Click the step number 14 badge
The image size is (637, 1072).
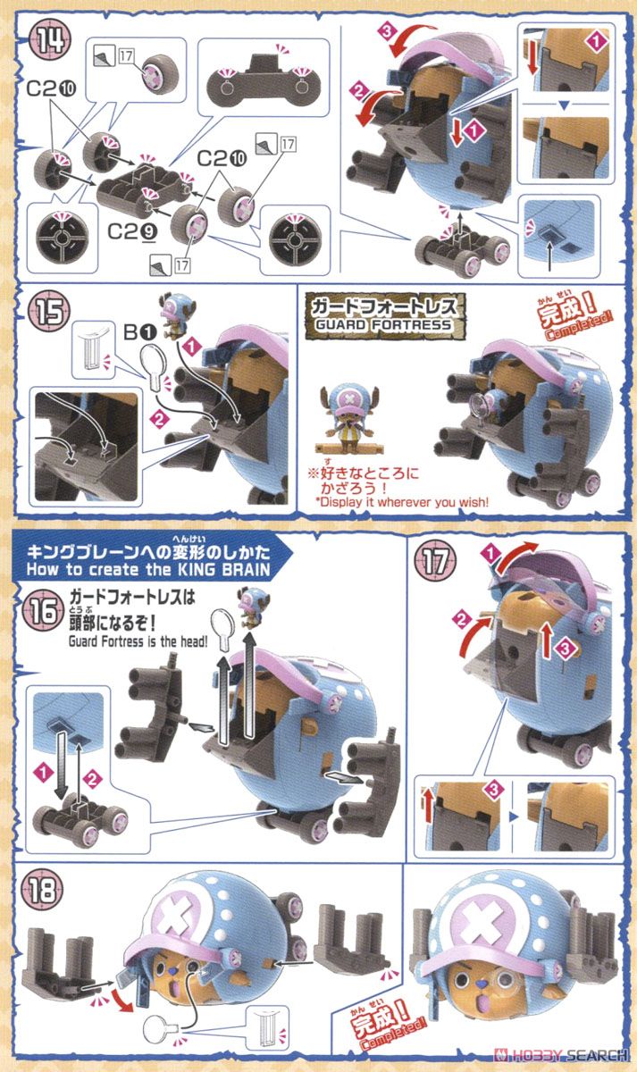click(x=50, y=39)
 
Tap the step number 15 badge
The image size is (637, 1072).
click(x=50, y=313)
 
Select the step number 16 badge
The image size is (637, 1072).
click(x=43, y=611)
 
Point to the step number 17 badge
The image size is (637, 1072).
click(x=435, y=561)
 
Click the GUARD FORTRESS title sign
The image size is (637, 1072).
click(x=385, y=315)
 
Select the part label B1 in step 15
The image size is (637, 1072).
click(x=139, y=331)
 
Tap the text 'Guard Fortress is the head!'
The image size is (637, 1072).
click(x=138, y=641)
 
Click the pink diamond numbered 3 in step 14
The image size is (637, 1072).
click(x=387, y=31)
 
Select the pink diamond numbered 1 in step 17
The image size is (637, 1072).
click(x=490, y=555)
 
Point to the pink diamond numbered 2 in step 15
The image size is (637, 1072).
click(x=159, y=418)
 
